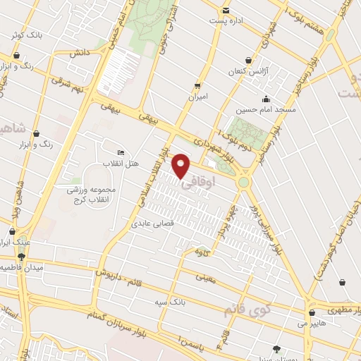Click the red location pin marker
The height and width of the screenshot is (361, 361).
[x=181, y=166]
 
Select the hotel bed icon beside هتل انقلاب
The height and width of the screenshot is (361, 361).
[x=121, y=153]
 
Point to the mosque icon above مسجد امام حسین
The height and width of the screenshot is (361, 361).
[x=265, y=99]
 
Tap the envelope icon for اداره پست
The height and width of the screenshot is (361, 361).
[x=226, y=11]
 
